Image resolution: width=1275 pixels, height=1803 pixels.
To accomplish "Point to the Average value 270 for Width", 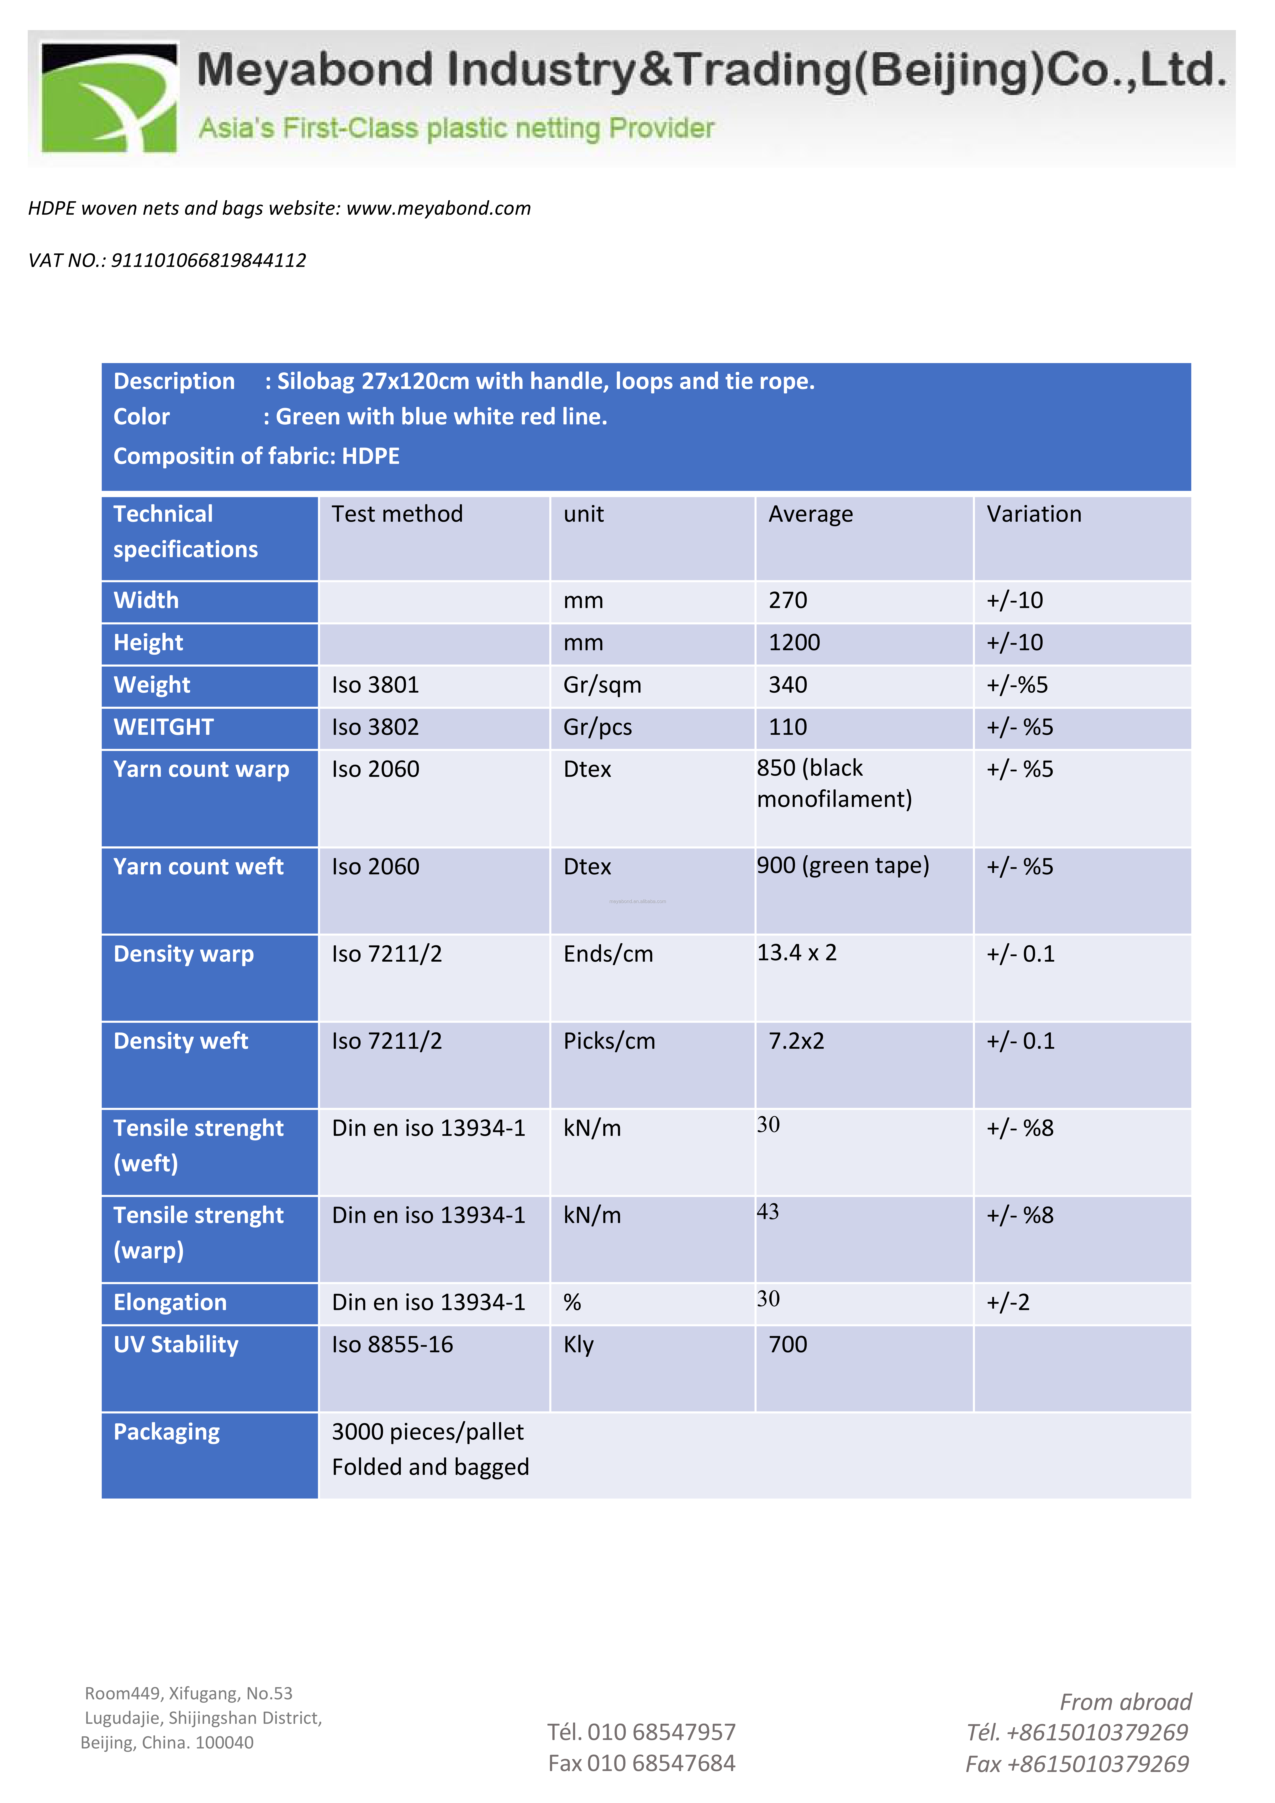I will [788, 601].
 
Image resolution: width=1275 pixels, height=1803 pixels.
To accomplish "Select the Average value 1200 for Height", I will [794, 643].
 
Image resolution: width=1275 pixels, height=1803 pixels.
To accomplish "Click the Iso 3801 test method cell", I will [375, 685].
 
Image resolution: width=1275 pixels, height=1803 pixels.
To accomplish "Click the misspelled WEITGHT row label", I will [163, 728].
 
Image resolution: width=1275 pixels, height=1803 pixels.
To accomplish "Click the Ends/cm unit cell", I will [608, 954].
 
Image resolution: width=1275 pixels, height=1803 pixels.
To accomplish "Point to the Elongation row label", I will [170, 1303].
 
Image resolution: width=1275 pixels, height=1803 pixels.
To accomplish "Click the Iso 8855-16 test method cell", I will [392, 1345].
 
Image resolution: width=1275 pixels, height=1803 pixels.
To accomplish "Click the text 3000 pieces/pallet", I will [427, 1432].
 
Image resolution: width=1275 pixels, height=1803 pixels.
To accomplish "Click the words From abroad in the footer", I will [1125, 1702].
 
